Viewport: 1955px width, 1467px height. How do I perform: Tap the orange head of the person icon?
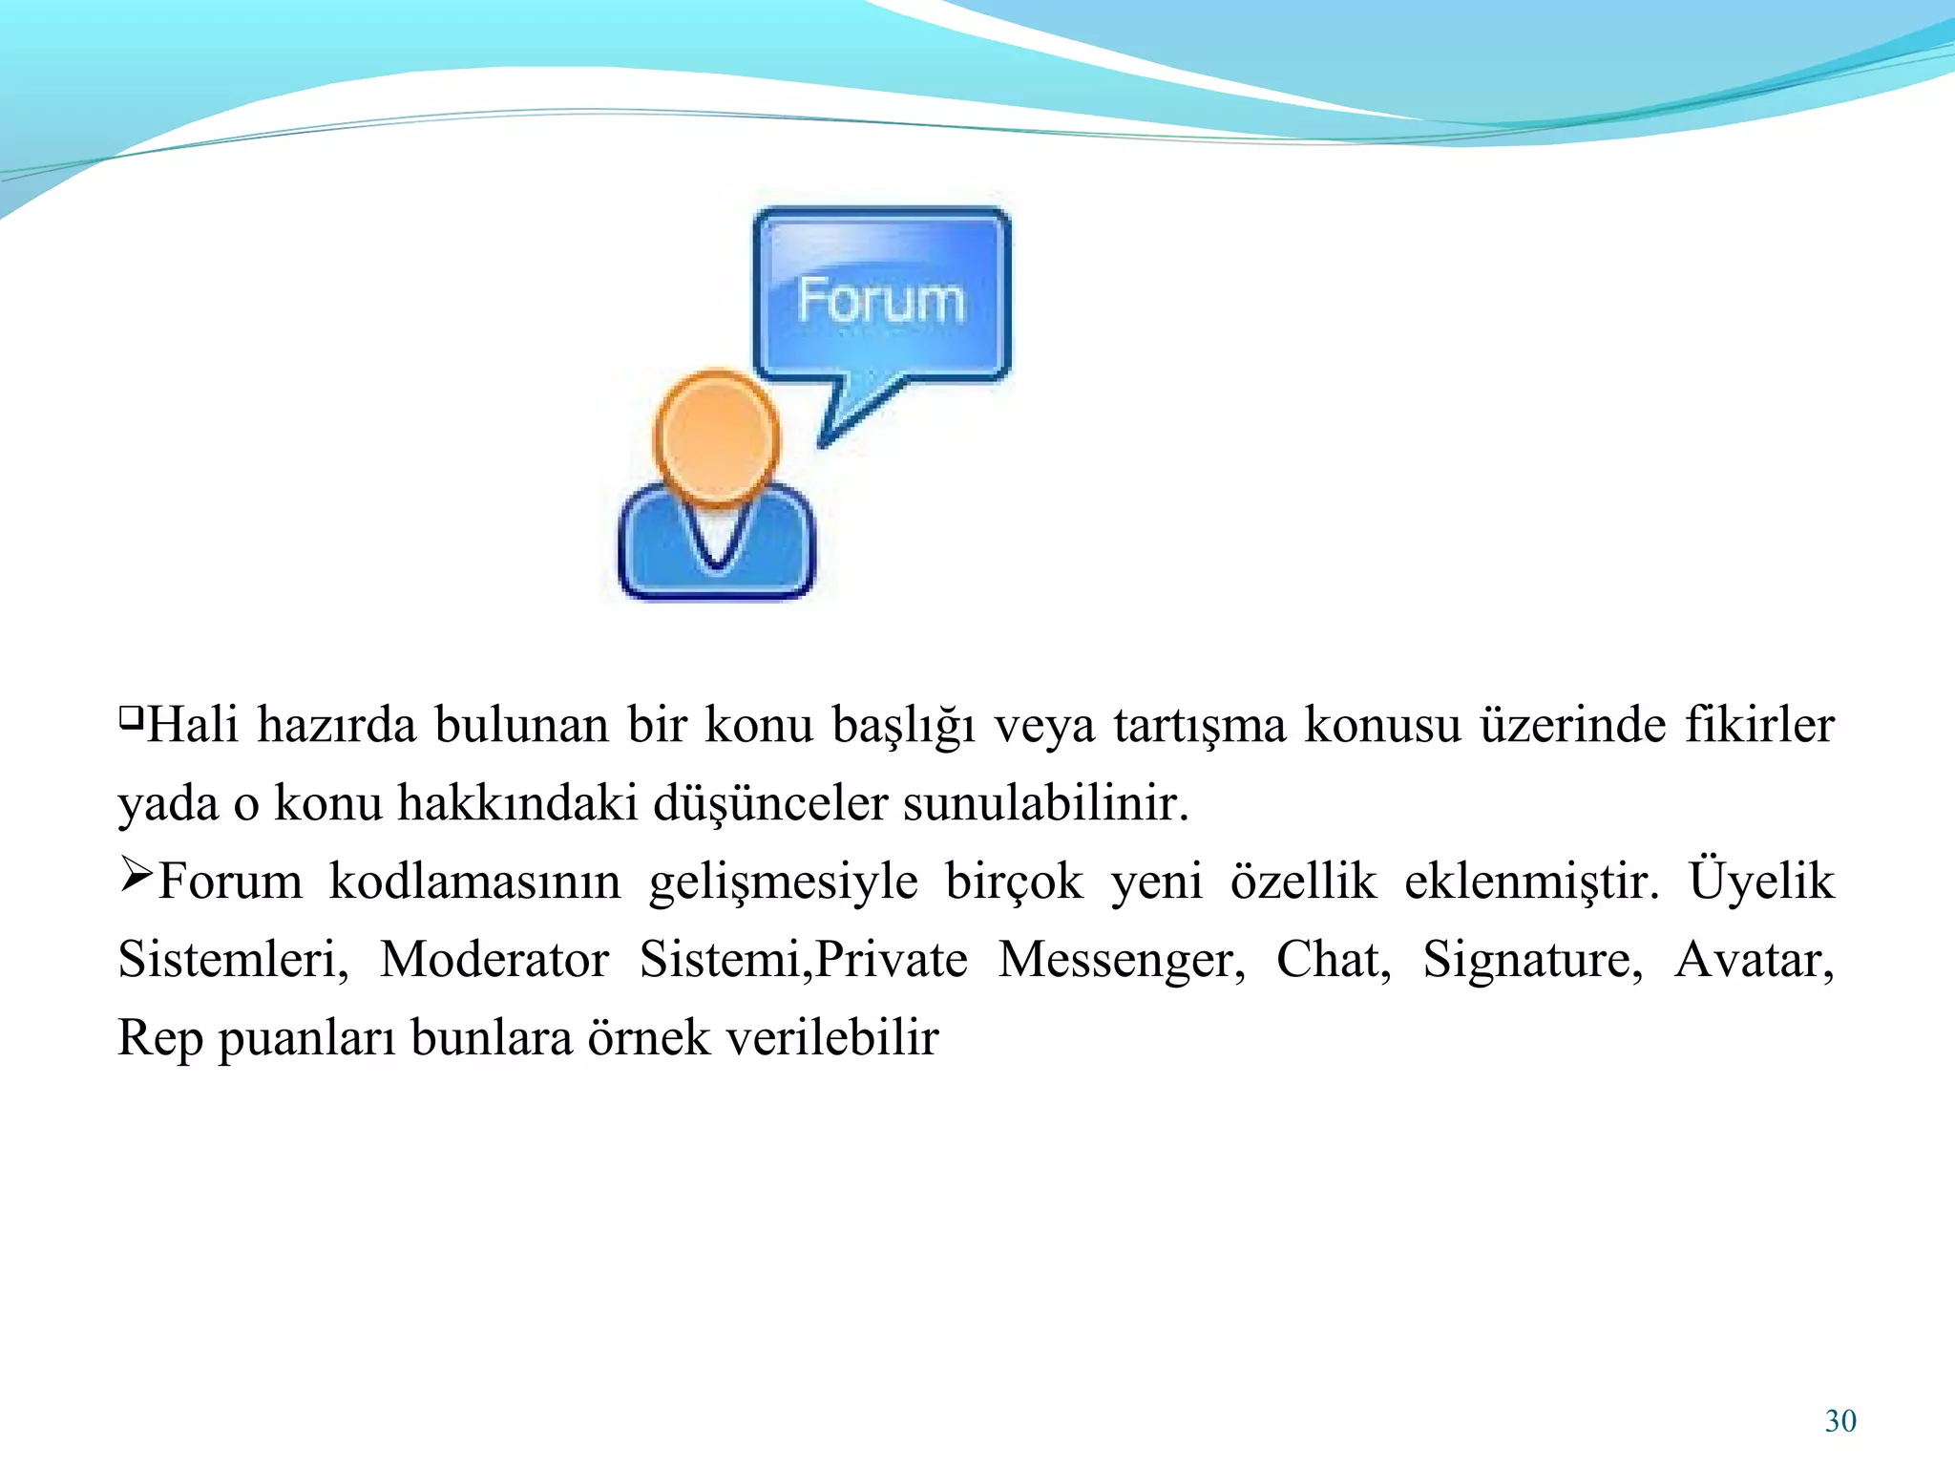[716, 436]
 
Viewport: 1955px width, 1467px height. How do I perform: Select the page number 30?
[1840, 1421]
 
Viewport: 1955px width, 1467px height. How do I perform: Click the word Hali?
[193, 724]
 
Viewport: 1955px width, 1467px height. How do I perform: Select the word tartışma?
[1200, 726]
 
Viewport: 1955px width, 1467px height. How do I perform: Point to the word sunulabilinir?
[1045, 802]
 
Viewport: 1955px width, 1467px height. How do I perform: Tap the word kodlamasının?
[474, 881]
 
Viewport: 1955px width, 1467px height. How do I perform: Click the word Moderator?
[494, 959]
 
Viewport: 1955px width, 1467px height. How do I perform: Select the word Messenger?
[1122, 959]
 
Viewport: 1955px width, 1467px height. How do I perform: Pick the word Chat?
[1334, 959]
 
